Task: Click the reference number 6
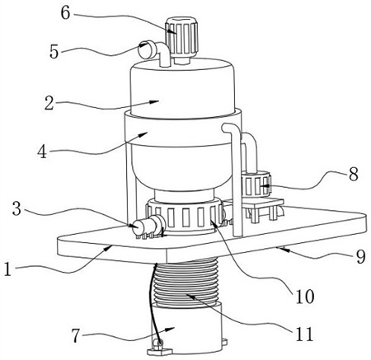(66, 12)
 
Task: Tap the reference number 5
(54, 51)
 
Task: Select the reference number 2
(49, 104)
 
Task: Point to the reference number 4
(42, 152)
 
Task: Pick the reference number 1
(8, 269)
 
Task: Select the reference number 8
(354, 174)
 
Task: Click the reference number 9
(360, 256)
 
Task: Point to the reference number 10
(304, 297)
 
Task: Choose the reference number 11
(304, 334)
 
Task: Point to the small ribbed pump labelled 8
(256, 184)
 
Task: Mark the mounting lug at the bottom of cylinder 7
(159, 348)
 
